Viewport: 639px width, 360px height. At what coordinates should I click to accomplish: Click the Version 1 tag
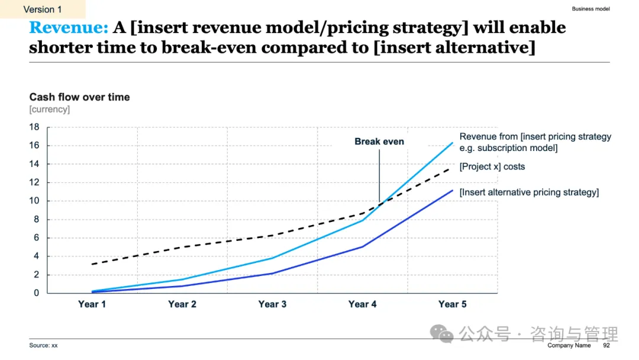tap(43, 9)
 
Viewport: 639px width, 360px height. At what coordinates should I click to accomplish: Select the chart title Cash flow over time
tap(79, 97)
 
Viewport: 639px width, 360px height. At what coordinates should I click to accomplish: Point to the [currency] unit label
tap(49, 110)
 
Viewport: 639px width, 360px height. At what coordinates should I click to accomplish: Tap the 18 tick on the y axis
tap(34, 127)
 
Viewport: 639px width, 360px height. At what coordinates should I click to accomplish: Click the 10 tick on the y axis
tap(34, 201)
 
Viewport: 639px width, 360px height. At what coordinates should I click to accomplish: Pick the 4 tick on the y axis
tap(36, 256)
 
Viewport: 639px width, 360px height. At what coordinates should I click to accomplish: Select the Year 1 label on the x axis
tap(92, 304)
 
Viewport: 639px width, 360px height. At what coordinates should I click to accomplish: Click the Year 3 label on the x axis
tap(272, 304)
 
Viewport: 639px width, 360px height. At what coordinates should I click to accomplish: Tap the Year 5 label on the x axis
tap(452, 304)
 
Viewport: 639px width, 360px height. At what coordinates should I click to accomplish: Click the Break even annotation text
tap(379, 142)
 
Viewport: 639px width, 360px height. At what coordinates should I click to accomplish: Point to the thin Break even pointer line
tap(379, 175)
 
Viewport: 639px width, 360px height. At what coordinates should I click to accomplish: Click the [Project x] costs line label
tap(492, 167)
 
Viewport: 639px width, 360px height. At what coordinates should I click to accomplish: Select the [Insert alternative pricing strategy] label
tap(529, 192)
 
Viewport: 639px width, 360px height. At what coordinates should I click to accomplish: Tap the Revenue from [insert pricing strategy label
tap(535, 137)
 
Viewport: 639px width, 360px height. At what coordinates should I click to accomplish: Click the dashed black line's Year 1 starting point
tap(92, 264)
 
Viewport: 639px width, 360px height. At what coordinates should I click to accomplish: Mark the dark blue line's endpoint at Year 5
tap(453, 190)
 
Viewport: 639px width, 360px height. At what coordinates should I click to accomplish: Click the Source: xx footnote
tap(43, 345)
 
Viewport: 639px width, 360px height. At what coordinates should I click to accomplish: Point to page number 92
tap(606, 345)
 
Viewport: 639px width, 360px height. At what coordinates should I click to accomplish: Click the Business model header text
tap(590, 9)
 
